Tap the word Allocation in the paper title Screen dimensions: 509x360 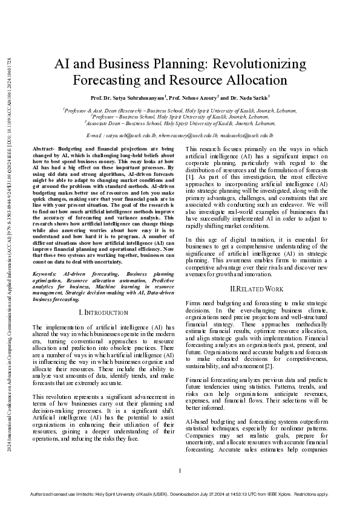click(252, 80)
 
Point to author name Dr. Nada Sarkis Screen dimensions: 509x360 click(249, 97)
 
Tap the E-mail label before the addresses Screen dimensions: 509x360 click(94, 137)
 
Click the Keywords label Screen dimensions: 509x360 click(45, 274)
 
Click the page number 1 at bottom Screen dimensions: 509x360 click(180, 470)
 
